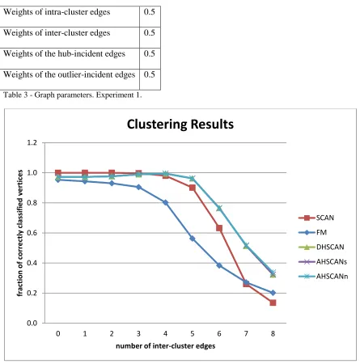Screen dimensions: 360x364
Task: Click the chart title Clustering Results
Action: (x=180, y=125)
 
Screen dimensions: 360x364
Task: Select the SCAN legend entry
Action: (x=316, y=218)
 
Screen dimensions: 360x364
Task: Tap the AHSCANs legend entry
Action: (x=323, y=261)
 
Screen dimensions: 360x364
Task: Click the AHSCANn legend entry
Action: (x=323, y=277)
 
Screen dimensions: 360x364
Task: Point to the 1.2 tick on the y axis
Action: (x=32, y=142)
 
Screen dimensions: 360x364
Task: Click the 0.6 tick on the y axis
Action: (x=32, y=233)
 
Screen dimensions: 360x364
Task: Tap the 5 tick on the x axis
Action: (x=193, y=334)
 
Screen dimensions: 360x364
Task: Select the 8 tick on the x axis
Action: (x=273, y=334)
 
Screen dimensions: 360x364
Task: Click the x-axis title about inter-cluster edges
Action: (x=166, y=346)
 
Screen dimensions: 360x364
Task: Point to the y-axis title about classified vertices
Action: (x=20, y=233)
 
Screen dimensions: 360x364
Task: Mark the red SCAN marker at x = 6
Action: (x=219, y=228)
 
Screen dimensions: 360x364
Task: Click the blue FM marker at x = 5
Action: (x=193, y=239)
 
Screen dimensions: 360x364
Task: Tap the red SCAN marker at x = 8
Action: (x=273, y=303)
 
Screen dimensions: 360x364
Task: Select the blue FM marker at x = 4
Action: (x=166, y=202)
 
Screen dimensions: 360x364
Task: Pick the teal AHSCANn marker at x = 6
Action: (x=219, y=208)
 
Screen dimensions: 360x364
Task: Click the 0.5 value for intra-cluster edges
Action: (x=150, y=12)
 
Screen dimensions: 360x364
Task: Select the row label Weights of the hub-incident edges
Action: (x=64, y=53)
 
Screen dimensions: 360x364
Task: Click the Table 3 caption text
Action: (x=72, y=95)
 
